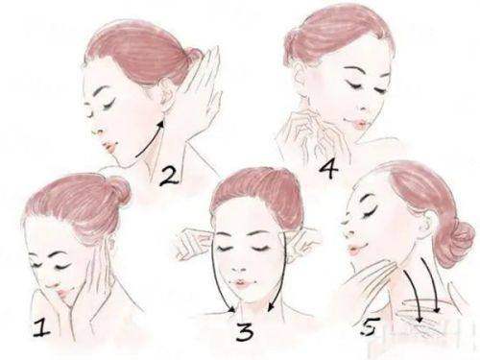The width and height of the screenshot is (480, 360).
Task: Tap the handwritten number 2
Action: tap(169, 176)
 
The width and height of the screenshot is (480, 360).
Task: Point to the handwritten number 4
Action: tap(328, 170)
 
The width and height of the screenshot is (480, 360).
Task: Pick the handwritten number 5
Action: tap(371, 326)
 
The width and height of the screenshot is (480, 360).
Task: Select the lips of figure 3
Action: tap(241, 284)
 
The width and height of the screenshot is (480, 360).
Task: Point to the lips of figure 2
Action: tap(109, 148)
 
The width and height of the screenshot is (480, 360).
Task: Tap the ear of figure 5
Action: tap(427, 224)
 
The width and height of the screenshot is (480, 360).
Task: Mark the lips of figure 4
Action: tap(358, 124)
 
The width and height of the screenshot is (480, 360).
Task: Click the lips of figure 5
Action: tap(354, 250)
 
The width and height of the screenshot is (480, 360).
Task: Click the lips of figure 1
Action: tap(63, 293)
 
